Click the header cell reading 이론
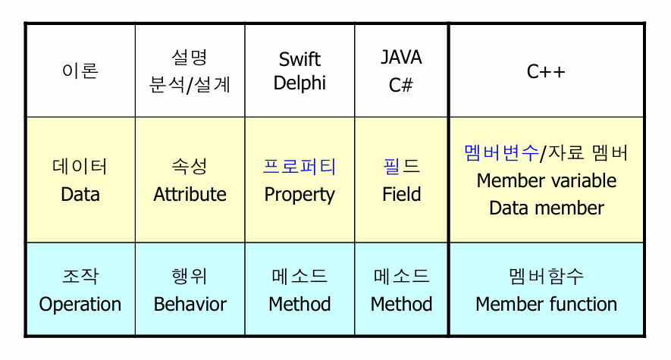80,71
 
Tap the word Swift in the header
299,59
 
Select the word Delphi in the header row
299,83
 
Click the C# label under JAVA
401,84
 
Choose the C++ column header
546,71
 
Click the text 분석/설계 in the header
190,84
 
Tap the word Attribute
190,195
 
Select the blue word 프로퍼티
299,167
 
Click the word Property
299,195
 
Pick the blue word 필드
401,167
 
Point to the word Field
401,195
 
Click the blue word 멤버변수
500,153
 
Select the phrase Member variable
546,181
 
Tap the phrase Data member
546,208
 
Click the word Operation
80,305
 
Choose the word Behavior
190,305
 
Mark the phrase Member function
546,305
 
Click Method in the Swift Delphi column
299,305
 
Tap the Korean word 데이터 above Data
80,167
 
